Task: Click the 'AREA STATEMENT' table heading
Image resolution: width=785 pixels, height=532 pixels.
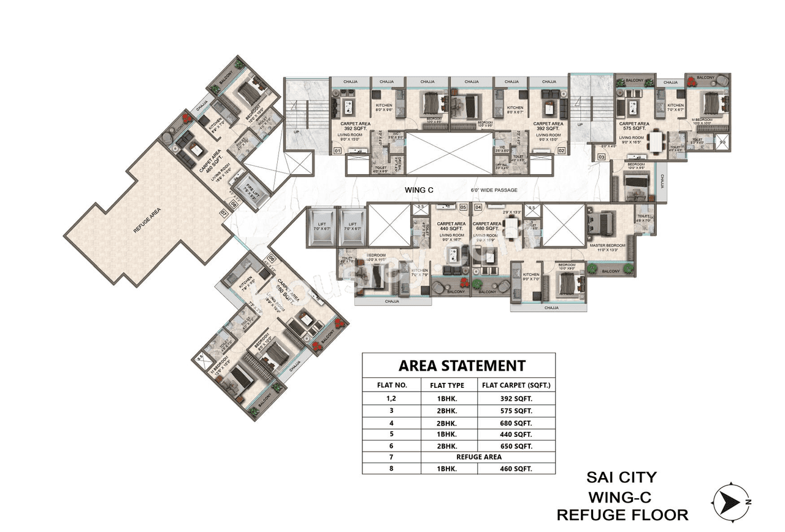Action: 462,366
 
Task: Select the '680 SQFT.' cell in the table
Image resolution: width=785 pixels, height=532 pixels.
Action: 516,423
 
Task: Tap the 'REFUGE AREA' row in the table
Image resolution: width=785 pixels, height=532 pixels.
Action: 478,457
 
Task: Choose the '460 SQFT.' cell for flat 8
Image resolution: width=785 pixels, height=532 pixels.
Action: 516,468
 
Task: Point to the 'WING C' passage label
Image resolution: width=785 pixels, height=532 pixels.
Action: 419,190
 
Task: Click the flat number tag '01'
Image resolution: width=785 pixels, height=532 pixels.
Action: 337,150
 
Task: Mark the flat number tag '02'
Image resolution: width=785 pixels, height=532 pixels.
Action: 561,150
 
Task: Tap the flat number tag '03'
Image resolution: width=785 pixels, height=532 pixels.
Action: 601,158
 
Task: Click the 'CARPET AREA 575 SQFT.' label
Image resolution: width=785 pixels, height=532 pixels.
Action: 634,126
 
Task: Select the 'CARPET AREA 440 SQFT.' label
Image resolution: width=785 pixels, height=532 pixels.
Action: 452,226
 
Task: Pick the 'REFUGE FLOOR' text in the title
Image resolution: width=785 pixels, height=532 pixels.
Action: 621,514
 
